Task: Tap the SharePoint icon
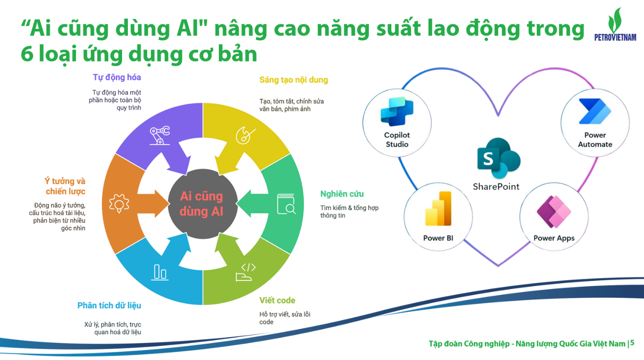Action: (x=499, y=158)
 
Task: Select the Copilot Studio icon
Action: (x=397, y=112)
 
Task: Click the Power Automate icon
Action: (x=595, y=111)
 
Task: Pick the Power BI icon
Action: (x=438, y=209)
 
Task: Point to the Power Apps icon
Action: (x=554, y=212)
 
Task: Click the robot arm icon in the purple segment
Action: (x=160, y=135)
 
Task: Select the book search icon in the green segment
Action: (x=286, y=204)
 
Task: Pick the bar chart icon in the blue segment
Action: (x=160, y=272)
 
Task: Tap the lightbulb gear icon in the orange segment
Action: (x=119, y=204)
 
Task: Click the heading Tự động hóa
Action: (x=117, y=77)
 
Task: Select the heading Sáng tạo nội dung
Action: (x=294, y=80)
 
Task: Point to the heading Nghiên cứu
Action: (x=342, y=194)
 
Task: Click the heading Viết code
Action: (x=277, y=300)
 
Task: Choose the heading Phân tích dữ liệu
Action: (x=109, y=306)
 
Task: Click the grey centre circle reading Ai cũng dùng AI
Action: (x=203, y=204)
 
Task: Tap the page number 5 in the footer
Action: (x=632, y=343)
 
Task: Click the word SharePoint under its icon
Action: (x=496, y=187)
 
